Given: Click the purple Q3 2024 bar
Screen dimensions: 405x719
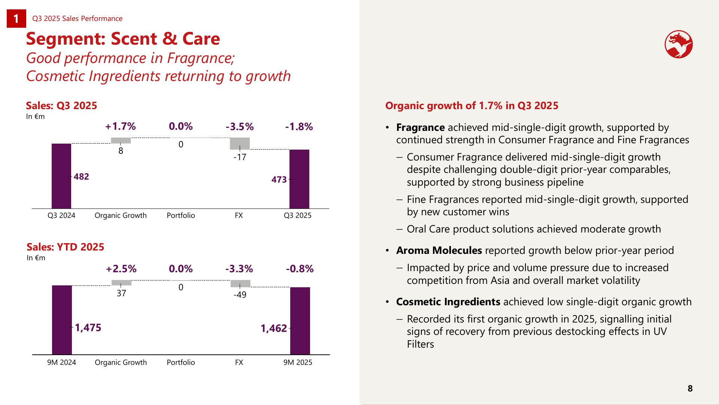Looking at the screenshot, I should click(x=61, y=176).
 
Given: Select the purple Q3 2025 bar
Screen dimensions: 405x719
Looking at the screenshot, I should click(x=299, y=179).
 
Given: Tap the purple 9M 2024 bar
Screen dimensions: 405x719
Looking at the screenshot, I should click(x=62, y=319).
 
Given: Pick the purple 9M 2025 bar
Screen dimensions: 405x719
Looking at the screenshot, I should click(x=300, y=321).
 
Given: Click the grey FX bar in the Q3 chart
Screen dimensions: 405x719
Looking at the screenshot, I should click(x=240, y=144).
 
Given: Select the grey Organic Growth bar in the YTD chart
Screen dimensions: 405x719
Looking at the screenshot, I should click(x=121, y=283).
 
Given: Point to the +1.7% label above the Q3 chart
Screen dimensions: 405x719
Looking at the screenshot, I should click(x=121, y=127).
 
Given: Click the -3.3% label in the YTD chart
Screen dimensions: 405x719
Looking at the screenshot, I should click(x=239, y=269).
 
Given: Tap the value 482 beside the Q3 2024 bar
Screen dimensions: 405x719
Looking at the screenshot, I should click(x=81, y=177).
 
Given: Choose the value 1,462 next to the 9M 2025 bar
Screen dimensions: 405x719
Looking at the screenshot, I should click(x=274, y=328).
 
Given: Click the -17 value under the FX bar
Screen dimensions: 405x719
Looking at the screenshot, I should click(x=240, y=157).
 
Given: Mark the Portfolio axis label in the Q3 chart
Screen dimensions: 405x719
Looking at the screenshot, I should click(x=181, y=216).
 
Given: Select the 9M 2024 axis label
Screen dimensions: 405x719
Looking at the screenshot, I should click(x=61, y=363).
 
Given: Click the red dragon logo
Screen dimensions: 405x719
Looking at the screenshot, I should click(x=679, y=45).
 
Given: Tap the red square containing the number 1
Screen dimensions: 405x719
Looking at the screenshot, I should click(x=16, y=19).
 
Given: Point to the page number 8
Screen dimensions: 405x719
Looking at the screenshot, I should click(x=690, y=388).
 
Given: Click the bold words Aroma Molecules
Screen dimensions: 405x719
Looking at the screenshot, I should click(x=439, y=250).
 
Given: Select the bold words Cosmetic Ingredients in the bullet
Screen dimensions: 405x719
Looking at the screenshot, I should click(x=448, y=302).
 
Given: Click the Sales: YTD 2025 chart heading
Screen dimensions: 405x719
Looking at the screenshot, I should click(x=66, y=247).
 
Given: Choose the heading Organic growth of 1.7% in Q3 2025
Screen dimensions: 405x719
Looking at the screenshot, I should click(x=472, y=106).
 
